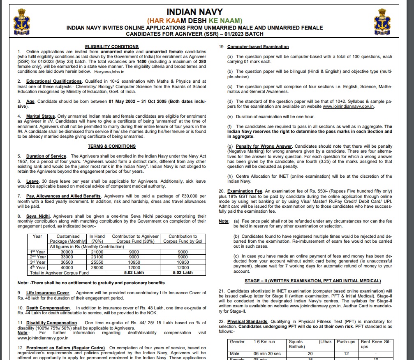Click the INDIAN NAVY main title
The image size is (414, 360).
coord(194,12)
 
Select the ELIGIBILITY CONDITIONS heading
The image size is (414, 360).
coord(111,46)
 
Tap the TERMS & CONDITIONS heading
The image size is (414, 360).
coord(111,146)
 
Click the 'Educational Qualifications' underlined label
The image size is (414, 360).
coord(54,81)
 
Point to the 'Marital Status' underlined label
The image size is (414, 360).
coord(41,116)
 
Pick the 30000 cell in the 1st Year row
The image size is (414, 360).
coord(67,251)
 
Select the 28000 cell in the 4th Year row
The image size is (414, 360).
coord(97,267)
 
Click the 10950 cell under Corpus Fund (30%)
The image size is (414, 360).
coord(134,262)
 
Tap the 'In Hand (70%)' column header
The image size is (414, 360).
coord(97,239)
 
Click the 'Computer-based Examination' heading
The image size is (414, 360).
coord(258,47)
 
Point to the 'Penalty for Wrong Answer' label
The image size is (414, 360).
coord(264,146)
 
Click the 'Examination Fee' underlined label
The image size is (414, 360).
coord(246,191)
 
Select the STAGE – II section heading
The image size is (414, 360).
coord(312,281)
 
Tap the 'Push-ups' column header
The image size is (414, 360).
coord(346,341)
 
